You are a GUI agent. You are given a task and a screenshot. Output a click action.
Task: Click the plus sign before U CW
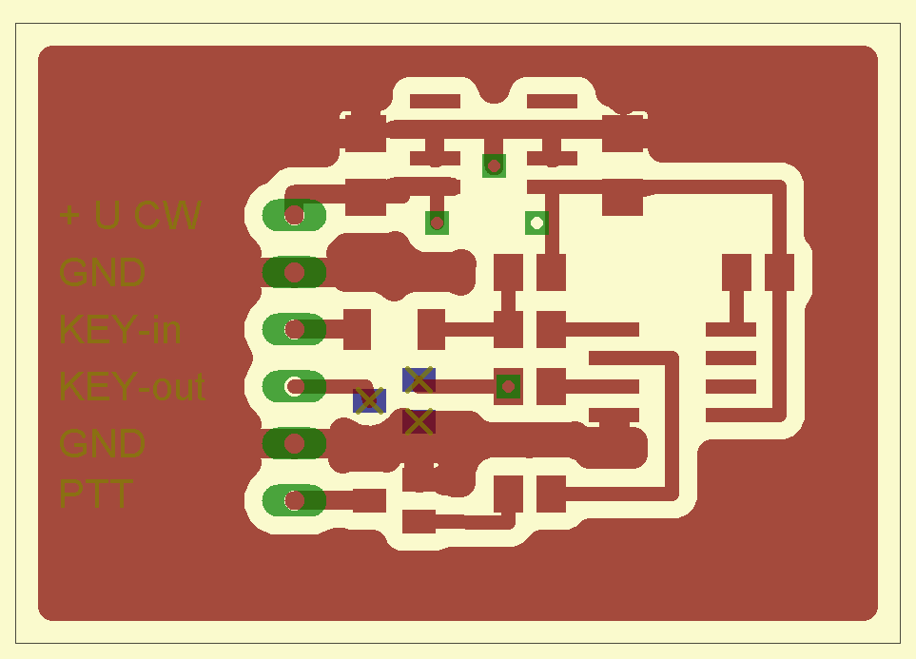click(x=69, y=215)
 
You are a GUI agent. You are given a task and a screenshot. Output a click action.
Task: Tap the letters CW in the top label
click(x=168, y=215)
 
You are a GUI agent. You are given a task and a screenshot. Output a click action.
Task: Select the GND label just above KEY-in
click(x=102, y=272)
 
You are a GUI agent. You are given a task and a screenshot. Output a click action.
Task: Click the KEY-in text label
click(x=120, y=329)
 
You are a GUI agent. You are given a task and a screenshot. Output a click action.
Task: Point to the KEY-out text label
click(x=132, y=386)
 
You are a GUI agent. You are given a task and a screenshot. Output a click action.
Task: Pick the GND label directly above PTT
click(x=102, y=443)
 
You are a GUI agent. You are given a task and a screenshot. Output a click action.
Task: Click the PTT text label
click(x=96, y=494)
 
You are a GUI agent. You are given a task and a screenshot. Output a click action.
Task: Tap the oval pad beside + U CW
click(x=294, y=215)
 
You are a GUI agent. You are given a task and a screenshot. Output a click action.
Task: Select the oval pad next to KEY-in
click(x=294, y=329)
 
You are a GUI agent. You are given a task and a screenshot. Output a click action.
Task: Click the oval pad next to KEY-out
click(x=294, y=386)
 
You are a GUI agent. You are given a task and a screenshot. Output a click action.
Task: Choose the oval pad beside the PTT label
click(x=294, y=500)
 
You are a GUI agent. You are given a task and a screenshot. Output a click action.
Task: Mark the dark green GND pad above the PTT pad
click(x=294, y=443)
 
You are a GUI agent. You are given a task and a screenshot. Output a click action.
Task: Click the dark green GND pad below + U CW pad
click(x=294, y=272)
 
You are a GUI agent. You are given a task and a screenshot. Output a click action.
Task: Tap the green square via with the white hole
click(x=536, y=223)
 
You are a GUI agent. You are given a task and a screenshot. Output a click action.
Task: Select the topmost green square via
click(x=494, y=165)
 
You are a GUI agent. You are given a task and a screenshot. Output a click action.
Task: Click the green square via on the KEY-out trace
click(x=508, y=386)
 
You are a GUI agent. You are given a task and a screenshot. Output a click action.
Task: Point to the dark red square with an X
click(x=419, y=421)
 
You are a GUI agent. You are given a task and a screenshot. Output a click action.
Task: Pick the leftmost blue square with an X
click(x=369, y=400)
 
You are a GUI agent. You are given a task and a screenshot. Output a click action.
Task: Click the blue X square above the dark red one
click(x=419, y=379)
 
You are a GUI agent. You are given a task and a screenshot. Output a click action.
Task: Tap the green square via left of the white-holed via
click(x=437, y=223)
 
